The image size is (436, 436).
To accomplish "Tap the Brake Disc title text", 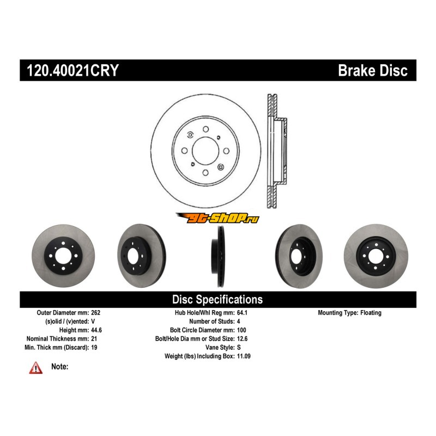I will (373, 70).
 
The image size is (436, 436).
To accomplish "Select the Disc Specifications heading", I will (217, 299).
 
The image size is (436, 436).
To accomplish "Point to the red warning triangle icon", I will (36, 368).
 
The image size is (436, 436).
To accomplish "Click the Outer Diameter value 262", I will (96, 313).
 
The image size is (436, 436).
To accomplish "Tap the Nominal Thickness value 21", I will (94, 339).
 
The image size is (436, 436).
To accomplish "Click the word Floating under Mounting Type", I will (371, 313).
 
